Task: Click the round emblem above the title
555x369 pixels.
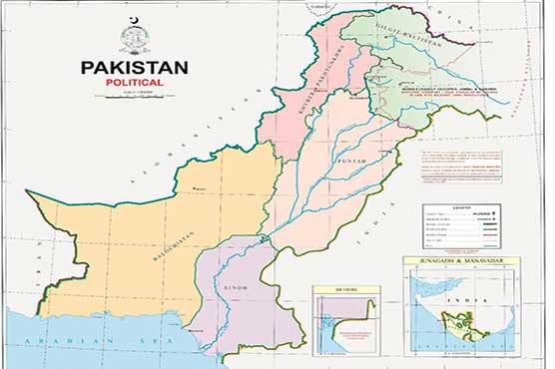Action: pyautogui.click(x=134, y=40)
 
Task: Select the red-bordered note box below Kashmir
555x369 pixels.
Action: pyautogui.click(x=459, y=163)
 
